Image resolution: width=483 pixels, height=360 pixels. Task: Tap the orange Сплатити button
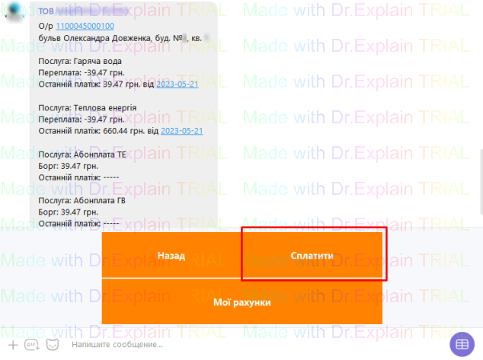click(312, 256)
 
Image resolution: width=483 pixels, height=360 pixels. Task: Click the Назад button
click(171, 256)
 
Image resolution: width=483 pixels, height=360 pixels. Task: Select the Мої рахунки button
click(241, 302)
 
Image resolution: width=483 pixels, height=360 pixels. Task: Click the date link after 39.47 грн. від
click(178, 84)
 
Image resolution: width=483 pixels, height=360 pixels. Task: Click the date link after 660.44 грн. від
click(182, 131)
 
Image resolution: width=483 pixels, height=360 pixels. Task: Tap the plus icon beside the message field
click(12, 345)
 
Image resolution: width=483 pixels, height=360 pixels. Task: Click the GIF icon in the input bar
click(32, 345)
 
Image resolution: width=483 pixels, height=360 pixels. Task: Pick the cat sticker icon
click(53, 345)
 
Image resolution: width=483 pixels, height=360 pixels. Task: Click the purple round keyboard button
click(462, 345)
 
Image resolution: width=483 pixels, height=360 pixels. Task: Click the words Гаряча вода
click(95, 60)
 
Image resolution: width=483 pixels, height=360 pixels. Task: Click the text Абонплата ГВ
click(100, 201)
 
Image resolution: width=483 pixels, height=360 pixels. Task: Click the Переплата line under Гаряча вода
click(82, 72)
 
